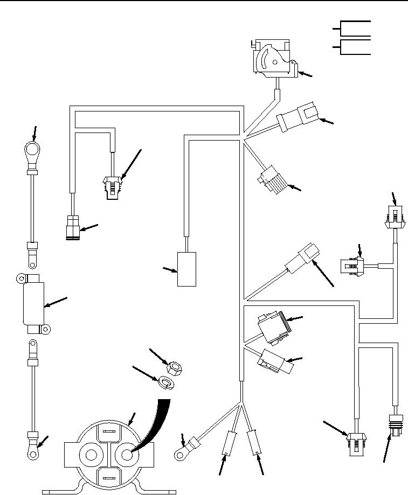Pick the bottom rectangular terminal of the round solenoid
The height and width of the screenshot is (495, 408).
point(108,477)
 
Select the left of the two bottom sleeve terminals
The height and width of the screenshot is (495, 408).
point(229,444)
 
